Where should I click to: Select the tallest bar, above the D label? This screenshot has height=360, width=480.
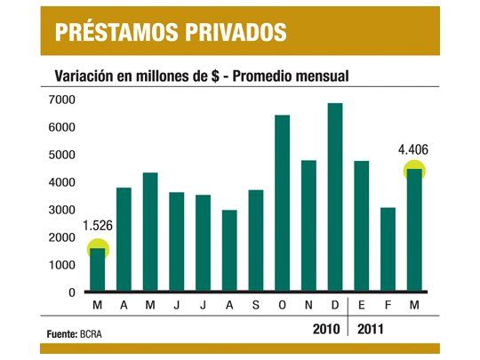pos(335,197)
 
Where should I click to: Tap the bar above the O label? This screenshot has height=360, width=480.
pos(283,204)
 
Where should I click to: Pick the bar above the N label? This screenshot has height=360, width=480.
pos(308,226)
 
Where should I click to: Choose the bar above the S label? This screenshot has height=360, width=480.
pos(256,241)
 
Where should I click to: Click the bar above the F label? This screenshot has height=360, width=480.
pos(388,250)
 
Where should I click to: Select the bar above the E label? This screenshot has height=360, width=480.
pos(361,227)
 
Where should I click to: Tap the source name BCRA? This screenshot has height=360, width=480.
pos(92,334)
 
